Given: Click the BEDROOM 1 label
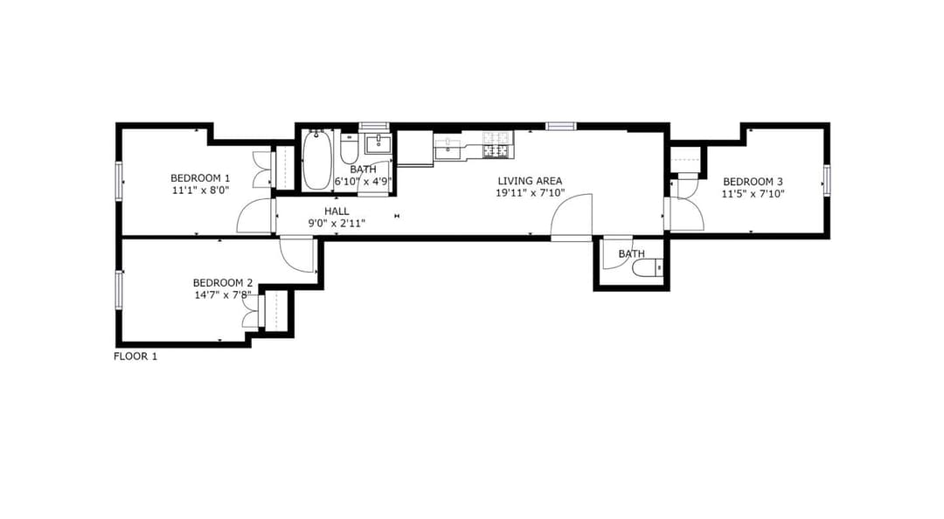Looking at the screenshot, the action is tap(200, 178).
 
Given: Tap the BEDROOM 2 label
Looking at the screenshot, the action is tap(222, 283).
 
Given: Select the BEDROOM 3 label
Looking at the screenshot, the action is tap(753, 182).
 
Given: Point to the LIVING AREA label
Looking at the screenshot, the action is tap(530, 181).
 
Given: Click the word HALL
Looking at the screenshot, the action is tap(337, 211).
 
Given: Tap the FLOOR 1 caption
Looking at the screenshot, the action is tap(135, 356).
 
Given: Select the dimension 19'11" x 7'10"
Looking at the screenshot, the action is tap(530, 193).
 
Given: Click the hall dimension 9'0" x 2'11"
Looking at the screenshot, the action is tap(337, 224).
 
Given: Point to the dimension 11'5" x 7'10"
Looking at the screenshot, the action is tap(753, 194).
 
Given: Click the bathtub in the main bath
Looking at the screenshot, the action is tap(316, 160).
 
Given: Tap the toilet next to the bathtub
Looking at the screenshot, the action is tap(349, 149).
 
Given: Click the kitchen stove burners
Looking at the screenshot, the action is tap(498, 145).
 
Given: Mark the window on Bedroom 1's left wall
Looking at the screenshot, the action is tap(119, 181).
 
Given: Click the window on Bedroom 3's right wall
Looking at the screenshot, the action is tap(827, 181).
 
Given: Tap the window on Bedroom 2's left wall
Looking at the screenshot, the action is tap(119, 290).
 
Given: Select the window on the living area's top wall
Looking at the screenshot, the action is tap(561, 126).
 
